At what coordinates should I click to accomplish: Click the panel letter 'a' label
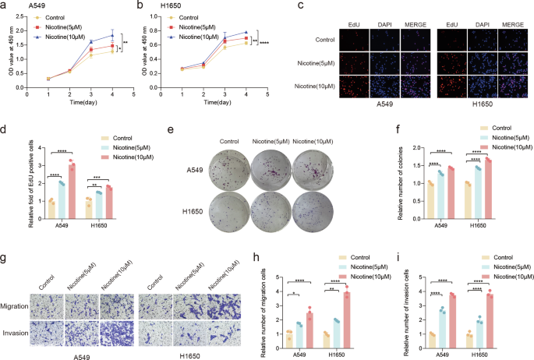pos(5,5)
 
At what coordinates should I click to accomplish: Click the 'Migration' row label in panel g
pos(14,306)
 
